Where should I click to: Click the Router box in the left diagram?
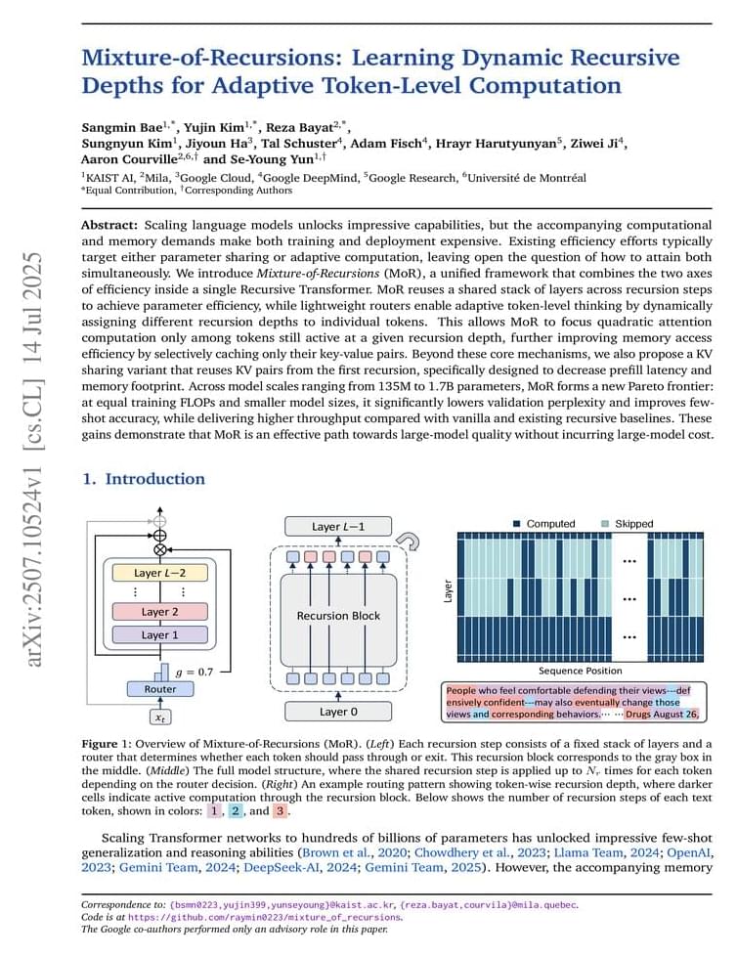pyautogui.click(x=160, y=689)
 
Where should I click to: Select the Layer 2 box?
pyautogui.click(x=160, y=611)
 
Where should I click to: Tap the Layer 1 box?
pyautogui.click(x=160, y=634)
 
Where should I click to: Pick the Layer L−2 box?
pyautogui.click(x=160, y=573)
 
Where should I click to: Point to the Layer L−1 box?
pyautogui.click(x=338, y=527)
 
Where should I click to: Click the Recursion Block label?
pyautogui.click(x=338, y=616)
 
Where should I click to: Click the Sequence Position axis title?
pyautogui.click(x=581, y=671)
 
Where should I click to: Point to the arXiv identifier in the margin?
pyautogui.click(x=33, y=459)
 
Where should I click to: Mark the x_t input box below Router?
pyautogui.click(x=160, y=717)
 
